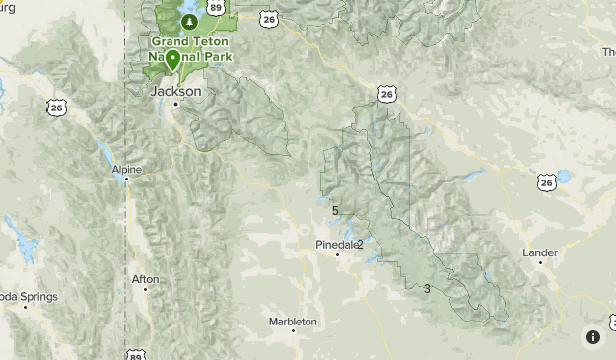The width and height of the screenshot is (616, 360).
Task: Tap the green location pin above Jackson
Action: pyautogui.click(x=173, y=61)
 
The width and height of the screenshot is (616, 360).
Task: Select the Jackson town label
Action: pyautogui.click(x=175, y=91)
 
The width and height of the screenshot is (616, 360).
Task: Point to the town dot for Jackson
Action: pyautogui.click(x=175, y=104)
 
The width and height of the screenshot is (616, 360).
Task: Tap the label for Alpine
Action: pyautogui.click(x=126, y=170)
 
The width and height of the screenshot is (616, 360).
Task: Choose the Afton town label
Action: pyautogui.click(x=145, y=279)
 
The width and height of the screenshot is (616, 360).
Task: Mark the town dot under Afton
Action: pyautogui.click(x=145, y=290)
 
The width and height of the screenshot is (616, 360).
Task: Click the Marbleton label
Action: pyautogui.click(x=293, y=322)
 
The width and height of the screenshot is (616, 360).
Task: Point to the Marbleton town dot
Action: pyautogui.click(x=293, y=331)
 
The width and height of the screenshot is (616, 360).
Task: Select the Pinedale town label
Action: pyautogui.click(x=334, y=244)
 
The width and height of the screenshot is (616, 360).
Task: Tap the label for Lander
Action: pyautogui.click(x=540, y=252)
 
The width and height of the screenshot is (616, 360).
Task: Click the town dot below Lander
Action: pyautogui.click(x=540, y=263)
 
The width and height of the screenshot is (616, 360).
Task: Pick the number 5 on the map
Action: pyautogui.click(x=335, y=210)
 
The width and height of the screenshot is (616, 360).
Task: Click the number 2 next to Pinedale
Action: pyautogui.click(x=360, y=244)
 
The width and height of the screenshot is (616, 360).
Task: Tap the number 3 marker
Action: pyautogui.click(x=427, y=288)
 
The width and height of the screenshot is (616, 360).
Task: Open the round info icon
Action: pyautogui.click(x=593, y=337)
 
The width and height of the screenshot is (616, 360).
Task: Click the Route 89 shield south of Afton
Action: pyautogui.click(x=133, y=353)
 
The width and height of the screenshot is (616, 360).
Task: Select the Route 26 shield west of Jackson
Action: pyautogui.click(x=56, y=106)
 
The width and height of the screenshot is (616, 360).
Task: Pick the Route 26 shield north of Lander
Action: pyautogui.click(x=548, y=182)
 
